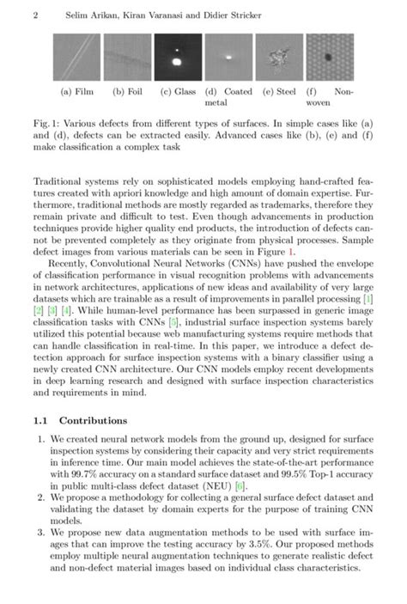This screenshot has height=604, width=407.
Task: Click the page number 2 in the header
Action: pos(38,16)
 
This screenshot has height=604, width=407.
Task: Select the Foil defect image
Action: pos(128,57)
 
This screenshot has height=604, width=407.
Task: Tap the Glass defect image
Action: pos(178,57)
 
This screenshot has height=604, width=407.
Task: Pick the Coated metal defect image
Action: pos(228,57)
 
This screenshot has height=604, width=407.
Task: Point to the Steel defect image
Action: pos(278,57)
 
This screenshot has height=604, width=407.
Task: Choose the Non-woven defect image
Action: pos(329,57)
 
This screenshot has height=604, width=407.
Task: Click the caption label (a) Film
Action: pos(78,90)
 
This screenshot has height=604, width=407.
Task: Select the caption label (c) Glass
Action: pos(178,90)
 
